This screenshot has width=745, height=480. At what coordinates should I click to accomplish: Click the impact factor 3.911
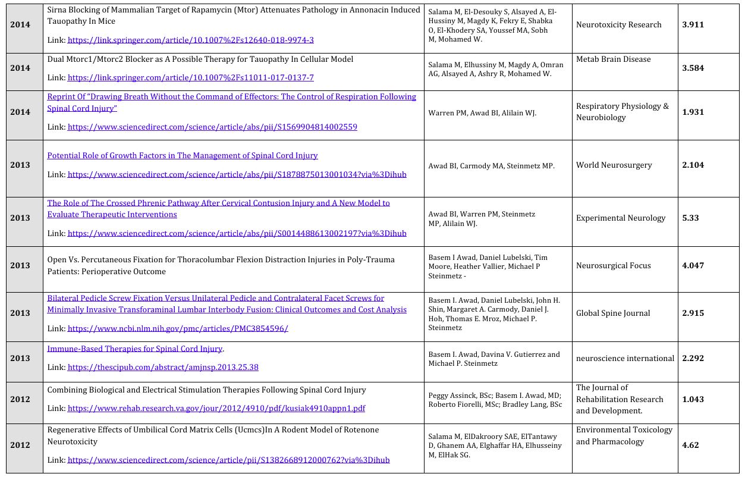pyautogui.click(x=693, y=25)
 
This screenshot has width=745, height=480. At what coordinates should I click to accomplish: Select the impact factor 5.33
pyautogui.click(x=690, y=218)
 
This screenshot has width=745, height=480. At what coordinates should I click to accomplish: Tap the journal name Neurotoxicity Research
pyautogui.click(x=618, y=25)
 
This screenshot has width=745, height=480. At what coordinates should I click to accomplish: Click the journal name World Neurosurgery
pyautogui.click(x=614, y=165)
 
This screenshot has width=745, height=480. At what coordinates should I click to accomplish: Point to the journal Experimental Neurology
pyautogui.click(x=620, y=218)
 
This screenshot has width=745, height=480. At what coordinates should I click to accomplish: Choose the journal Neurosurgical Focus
pyautogui.click(x=613, y=266)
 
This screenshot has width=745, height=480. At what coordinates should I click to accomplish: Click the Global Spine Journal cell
pyautogui.click(x=613, y=313)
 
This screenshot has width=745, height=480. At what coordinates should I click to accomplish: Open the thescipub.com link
pyautogui.click(x=163, y=368)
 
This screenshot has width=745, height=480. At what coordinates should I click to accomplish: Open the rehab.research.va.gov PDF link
pyautogui.click(x=216, y=409)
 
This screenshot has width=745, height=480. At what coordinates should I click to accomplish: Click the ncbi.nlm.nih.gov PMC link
pyautogui.click(x=178, y=328)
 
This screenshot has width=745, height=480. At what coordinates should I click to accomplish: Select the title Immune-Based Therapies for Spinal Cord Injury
pyautogui.click(x=135, y=349)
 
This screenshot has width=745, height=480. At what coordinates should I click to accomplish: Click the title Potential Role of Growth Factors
pyautogui.click(x=183, y=156)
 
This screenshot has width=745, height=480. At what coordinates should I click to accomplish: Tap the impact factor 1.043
pyautogui.click(x=693, y=400)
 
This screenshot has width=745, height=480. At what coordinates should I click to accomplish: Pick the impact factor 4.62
pyautogui.click(x=690, y=445)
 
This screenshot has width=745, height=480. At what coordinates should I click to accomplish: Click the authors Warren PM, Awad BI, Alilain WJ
pyautogui.click(x=482, y=113)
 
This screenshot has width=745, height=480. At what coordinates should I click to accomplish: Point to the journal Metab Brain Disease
pyautogui.click(x=613, y=59)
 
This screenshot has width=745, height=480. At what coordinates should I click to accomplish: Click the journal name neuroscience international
pyautogui.click(x=625, y=359)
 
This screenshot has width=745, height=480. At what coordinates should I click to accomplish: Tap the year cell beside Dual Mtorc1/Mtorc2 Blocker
pyautogui.click(x=20, y=68)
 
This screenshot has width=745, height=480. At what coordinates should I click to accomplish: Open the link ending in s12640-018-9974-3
pyautogui.click(x=190, y=40)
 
